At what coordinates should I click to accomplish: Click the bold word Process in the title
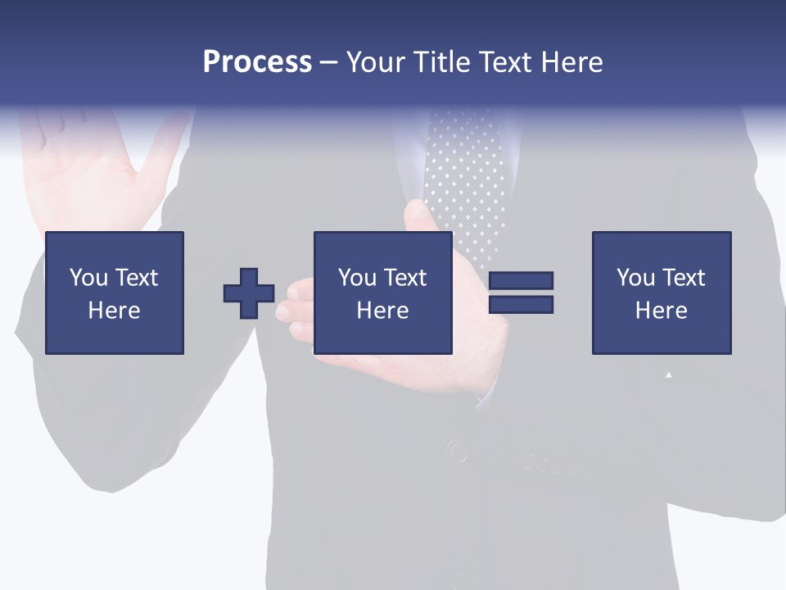click(x=257, y=62)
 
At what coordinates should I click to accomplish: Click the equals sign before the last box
click(x=521, y=293)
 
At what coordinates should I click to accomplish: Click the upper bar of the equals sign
click(x=521, y=281)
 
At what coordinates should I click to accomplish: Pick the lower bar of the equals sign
click(x=521, y=305)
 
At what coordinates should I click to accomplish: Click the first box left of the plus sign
click(x=115, y=293)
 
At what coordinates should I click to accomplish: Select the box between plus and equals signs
click(x=383, y=293)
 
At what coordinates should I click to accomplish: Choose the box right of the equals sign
click(x=662, y=293)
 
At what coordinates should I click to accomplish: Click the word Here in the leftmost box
click(x=115, y=311)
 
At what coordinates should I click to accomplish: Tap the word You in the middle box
click(x=357, y=278)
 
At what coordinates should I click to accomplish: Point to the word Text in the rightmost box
click(x=684, y=278)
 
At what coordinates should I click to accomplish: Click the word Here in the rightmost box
click(x=662, y=311)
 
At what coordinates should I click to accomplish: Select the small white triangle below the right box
click(x=669, y=374)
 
